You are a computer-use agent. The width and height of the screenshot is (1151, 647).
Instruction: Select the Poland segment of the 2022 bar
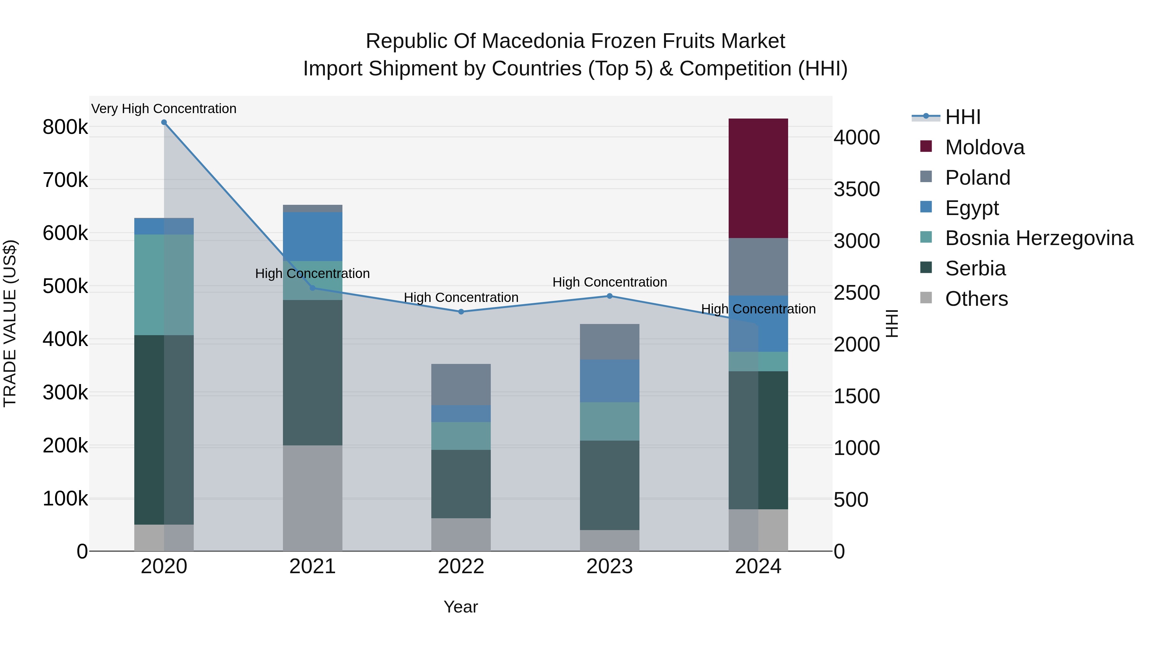pos(461,384)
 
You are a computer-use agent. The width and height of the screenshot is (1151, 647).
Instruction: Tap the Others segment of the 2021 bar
pos(312,498)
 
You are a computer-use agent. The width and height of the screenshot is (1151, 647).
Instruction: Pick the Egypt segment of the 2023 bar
pos(609,381)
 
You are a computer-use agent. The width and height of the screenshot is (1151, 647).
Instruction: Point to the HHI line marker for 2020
pos(164,122)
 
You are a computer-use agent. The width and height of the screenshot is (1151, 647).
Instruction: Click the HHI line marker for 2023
pos(609,296)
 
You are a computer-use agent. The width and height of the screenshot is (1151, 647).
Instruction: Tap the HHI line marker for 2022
pos(461,312)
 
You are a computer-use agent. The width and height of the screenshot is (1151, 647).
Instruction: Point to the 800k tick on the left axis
pos(65,127)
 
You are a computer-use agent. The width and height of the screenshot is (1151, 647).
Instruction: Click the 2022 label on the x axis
pos(461,566)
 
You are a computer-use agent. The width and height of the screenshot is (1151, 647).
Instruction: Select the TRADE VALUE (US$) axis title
pos(10,323)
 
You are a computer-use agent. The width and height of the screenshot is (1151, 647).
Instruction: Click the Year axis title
pos(461,607)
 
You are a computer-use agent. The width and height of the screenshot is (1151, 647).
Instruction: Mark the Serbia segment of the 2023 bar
pos(609,485)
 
